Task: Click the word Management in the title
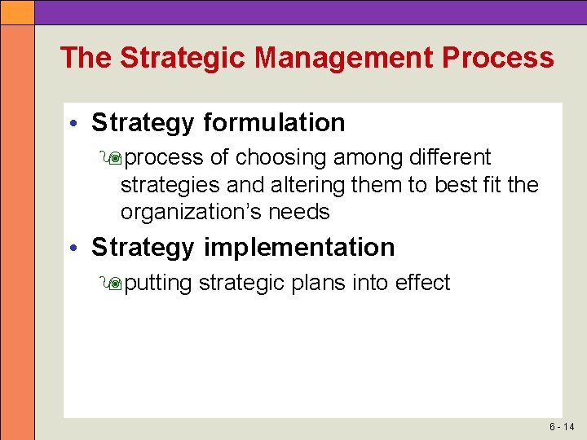click(343, 58)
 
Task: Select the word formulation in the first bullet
click(274, 123)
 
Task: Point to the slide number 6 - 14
click(562, 427)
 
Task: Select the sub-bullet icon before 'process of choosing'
click(113, 157)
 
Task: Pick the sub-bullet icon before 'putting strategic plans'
click(113, 284)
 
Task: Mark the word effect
click(422, 283)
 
